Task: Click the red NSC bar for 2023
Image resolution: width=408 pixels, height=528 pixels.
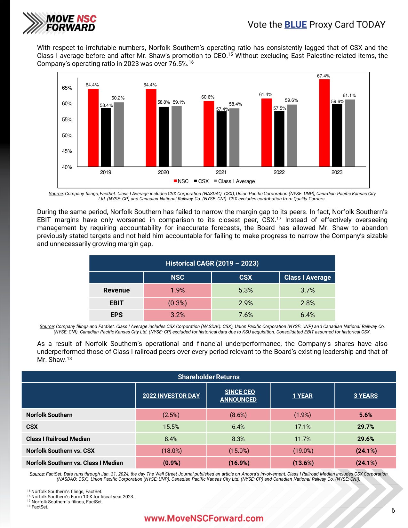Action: point(324,123)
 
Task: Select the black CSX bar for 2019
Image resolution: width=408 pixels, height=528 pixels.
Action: point(106,138)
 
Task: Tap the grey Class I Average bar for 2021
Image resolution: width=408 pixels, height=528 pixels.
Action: point(234,138)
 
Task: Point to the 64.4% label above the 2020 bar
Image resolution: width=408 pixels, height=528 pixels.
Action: point(150,85)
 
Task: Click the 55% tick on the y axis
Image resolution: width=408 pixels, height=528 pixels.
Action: point(67,120)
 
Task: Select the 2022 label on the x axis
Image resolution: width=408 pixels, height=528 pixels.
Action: point(279,172)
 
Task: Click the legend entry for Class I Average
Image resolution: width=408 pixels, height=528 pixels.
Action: point(236,181)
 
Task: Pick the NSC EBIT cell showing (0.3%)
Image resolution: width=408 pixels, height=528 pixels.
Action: point(177,303)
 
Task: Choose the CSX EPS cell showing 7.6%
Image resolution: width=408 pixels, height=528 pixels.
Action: point(245,315)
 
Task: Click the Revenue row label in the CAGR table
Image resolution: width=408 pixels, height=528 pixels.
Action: point(116,290)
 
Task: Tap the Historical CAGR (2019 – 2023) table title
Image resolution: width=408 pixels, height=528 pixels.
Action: point(212,263)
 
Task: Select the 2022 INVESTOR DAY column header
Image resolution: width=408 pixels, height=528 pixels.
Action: point(171,396)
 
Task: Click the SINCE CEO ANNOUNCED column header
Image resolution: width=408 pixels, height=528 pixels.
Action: point(238,396)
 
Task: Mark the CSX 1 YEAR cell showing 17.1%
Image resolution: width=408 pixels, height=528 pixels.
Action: point(302,427)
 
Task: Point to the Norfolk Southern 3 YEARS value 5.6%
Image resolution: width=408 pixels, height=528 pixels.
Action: point(365,415)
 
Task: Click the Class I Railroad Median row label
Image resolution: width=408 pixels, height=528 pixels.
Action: point(58,439)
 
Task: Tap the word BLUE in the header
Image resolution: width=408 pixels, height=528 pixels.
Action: point(295,25)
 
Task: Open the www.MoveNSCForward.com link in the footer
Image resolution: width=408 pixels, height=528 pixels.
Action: point(204,518)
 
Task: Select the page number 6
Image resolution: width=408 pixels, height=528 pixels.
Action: point(393,510)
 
